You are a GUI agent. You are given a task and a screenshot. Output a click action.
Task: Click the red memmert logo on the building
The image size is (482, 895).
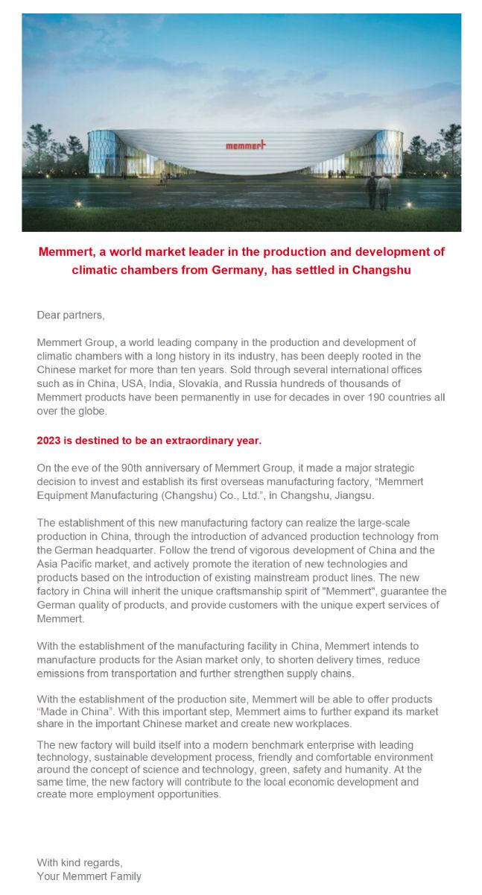coord(245,145)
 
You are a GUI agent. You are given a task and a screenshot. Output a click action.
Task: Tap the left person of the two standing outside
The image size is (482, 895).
coord(372,192)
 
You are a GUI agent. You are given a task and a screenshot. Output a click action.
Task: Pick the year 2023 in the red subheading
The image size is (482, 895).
coord(49,440)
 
